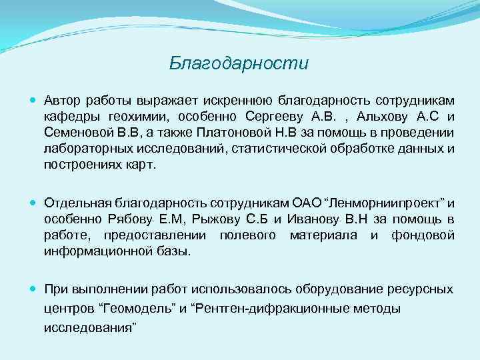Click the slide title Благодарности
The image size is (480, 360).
coord(239,64)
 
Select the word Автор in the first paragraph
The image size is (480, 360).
coord(61,101)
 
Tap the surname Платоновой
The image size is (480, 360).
coord(240,133)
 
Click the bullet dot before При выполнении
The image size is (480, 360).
coord(34,289)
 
